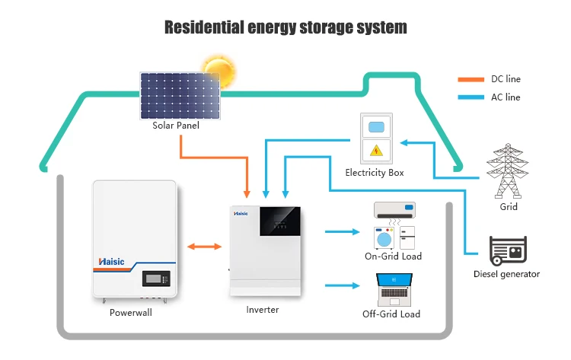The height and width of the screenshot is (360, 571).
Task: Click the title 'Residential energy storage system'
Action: (x=285, y=27)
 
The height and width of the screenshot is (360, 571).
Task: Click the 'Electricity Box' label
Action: (x=374, y=173)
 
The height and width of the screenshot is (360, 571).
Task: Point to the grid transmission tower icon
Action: (x=508, y=172)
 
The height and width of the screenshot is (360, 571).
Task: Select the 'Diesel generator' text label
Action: (x=506, y=274)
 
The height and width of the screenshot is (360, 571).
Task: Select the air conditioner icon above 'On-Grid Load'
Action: (x=394, y=209)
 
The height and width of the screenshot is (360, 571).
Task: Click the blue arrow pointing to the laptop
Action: (x=342, y=286)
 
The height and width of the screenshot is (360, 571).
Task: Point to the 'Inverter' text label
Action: (x=263, y=310)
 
